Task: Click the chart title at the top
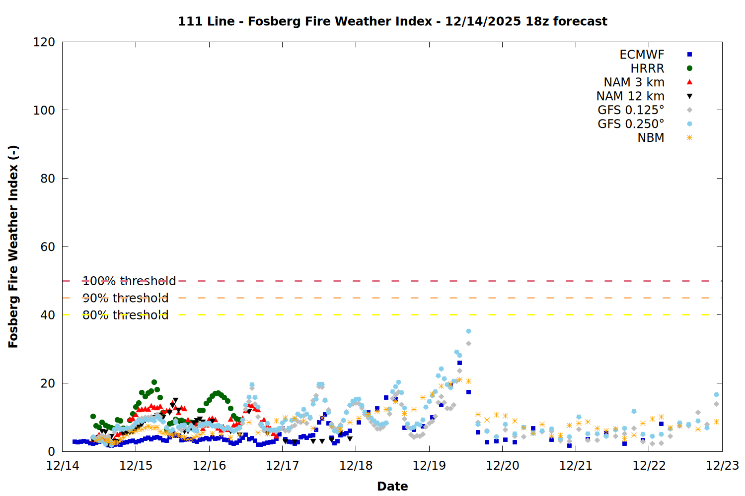pyautogui.click(x=392, y=21)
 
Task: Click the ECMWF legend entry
pyautogui.click(x=642, y=55)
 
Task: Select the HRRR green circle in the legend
pyautogui.click(x=689, y=68)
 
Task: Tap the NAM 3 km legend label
pyautogui.click(x=634, y=82)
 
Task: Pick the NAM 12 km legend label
pyautogui.click(x=630, y=96)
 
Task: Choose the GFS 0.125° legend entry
pyautogui.click(x=631, y=110)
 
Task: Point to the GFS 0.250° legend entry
pyautogui.click(x=631, y=124)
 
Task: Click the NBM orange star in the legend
pyautogui.click(x=689, y=138)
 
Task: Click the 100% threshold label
pyautogui.click(x=129, y=281)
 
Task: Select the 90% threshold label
pyautogui.click(x=125, y=298)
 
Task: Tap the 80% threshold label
pyautogui.click(x=125, y=315)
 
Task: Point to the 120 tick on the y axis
pyautogui.click(x=44, y=42)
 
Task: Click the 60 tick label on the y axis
pyautogui.click(x=48, y=247)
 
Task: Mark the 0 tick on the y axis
pyautogui.click(x=51, y=451)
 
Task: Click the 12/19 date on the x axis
pyautogui.click(x=429, y=466)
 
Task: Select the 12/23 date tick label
pyautogui.click(x=722, y=466)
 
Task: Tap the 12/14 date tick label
pyautogui.click(x=63, y=466)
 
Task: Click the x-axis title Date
pyautogui.click(x=392, y=486)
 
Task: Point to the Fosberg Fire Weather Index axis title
pyautogui.click(x=13, y=247)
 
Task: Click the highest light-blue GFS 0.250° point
pyautogui.click(x=468, y=331)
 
